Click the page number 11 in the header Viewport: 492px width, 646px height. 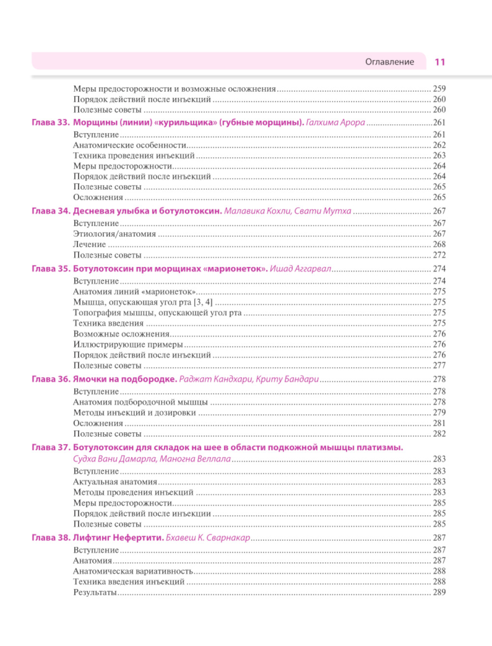coord(440,62)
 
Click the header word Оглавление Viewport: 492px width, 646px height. coord(389,62)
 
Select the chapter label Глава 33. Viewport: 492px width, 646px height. coord(51,123)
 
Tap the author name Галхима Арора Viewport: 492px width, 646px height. coord(335,123)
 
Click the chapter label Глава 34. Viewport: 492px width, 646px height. coord(51,211)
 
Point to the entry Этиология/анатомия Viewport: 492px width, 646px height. coord(115,234)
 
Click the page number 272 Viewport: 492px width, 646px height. coord(439,255)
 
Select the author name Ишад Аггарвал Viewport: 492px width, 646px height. coord(300,269)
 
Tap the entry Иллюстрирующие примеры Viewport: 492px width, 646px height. coord(128,345)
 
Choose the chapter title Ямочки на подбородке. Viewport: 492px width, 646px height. coord(125,379)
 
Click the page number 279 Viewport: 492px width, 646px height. coord(439,413)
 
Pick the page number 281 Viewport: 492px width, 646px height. coord(439,423)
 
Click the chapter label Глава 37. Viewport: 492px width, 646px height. coord(51,448)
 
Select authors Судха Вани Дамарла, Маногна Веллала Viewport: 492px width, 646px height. coord(152,459)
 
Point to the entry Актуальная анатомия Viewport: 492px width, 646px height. coord(115,482)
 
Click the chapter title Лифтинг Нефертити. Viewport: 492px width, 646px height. coord(118,538)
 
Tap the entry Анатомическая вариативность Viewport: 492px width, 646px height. coord(133,571)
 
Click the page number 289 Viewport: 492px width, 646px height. coord(439,592)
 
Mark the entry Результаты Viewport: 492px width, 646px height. coord(95,592)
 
